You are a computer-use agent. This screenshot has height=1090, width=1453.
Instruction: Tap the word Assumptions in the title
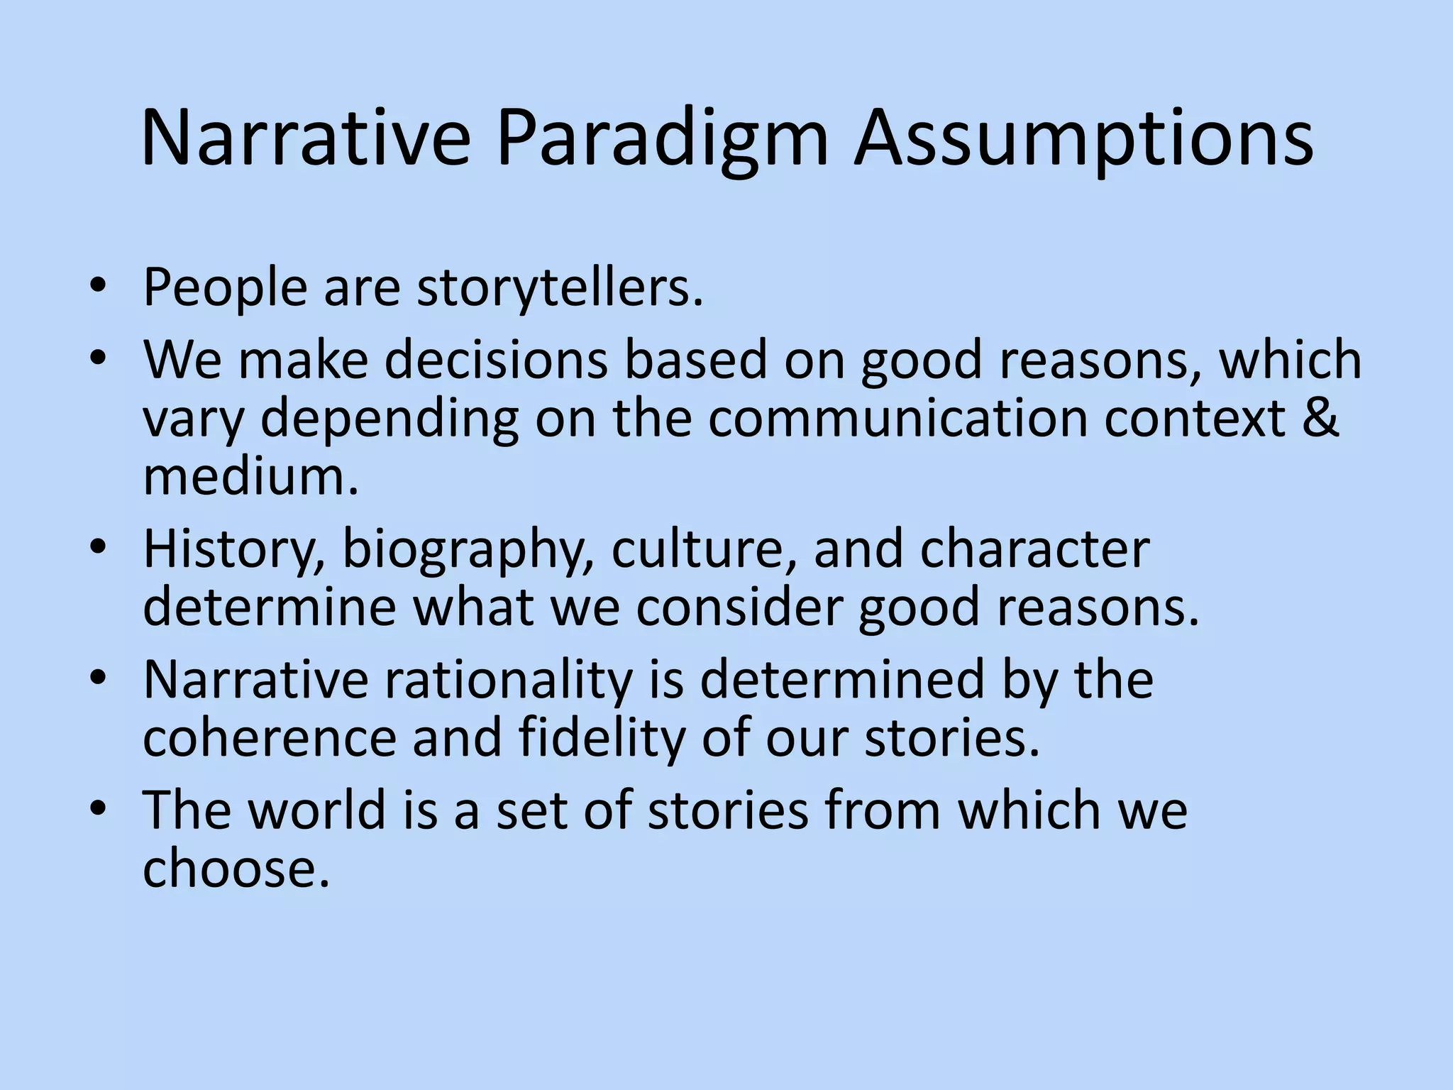click(x=1083, y=138)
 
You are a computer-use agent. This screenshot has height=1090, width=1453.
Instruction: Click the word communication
click(x=897, y=418)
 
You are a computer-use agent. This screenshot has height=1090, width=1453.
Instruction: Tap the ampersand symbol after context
click(x=1320, y=418)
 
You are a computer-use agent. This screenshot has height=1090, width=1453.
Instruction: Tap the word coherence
click(x=270, y=738)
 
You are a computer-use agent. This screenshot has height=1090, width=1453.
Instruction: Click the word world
click(x=316, y=810)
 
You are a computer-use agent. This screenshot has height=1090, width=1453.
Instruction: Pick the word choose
click(x=236, y=869)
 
